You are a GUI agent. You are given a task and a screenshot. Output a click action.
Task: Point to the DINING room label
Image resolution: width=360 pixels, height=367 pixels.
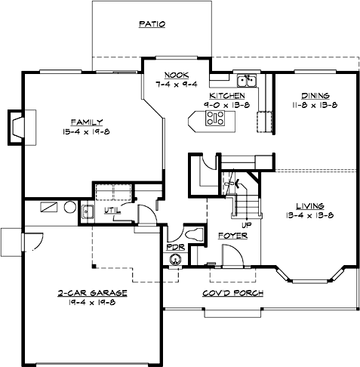pyautogui.click(x=315, y=96)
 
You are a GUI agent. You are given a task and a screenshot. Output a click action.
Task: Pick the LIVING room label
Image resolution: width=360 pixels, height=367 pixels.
pyautogui.click(x=310, y=205)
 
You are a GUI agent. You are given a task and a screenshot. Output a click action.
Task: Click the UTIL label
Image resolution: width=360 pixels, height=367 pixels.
pyautogui.click(x=112, y=209)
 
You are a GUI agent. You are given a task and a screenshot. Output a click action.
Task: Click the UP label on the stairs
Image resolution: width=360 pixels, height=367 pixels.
pyautogui.click(x=245, y=224)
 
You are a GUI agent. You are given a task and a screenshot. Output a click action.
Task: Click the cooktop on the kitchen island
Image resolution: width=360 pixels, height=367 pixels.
pyautogui.click(x=214, y=118)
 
